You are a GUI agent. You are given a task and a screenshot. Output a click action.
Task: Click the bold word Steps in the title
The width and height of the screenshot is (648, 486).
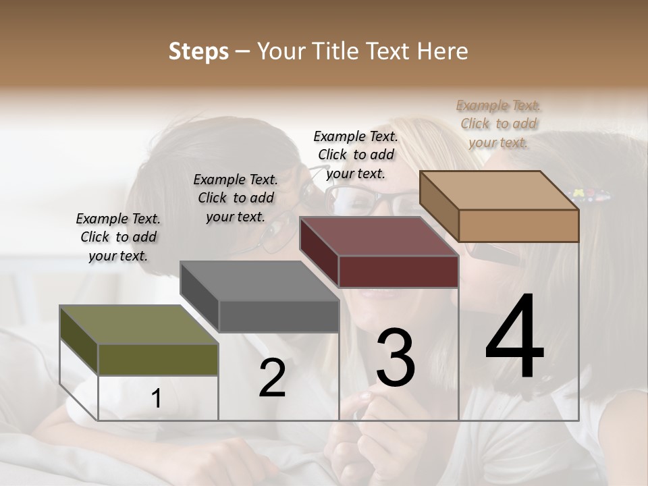(x=198, y=51)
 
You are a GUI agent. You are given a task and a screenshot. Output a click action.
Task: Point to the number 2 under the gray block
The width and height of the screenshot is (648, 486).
(x=272, y=378)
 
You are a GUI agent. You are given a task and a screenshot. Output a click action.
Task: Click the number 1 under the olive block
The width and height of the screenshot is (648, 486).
(x=156, y=399)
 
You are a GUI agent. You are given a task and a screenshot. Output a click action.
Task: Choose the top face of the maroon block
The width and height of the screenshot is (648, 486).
(x=379, y=236)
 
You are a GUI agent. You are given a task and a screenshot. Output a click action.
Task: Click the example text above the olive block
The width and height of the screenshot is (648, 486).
(x=118, y=237)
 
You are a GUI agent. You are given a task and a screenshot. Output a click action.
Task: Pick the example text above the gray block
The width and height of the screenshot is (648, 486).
(x=236, y=198)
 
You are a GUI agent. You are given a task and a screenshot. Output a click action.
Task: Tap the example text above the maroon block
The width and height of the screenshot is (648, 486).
(x=356, y=155)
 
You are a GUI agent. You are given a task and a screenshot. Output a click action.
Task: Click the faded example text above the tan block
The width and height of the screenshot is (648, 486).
(x=499, y=124)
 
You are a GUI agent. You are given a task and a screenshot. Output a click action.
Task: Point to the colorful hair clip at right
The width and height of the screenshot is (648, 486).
(x=593, y=196)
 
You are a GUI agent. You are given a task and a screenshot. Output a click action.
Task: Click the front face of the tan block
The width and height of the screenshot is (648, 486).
(x=518, y=225)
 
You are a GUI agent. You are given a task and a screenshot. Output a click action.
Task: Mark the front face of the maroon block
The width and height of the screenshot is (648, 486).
(x=398, y=271)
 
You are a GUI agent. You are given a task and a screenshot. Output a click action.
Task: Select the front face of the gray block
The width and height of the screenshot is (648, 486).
(x=279, y=316)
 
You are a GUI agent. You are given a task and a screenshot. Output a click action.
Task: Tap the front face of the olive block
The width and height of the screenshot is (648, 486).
(x=158, y=359)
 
